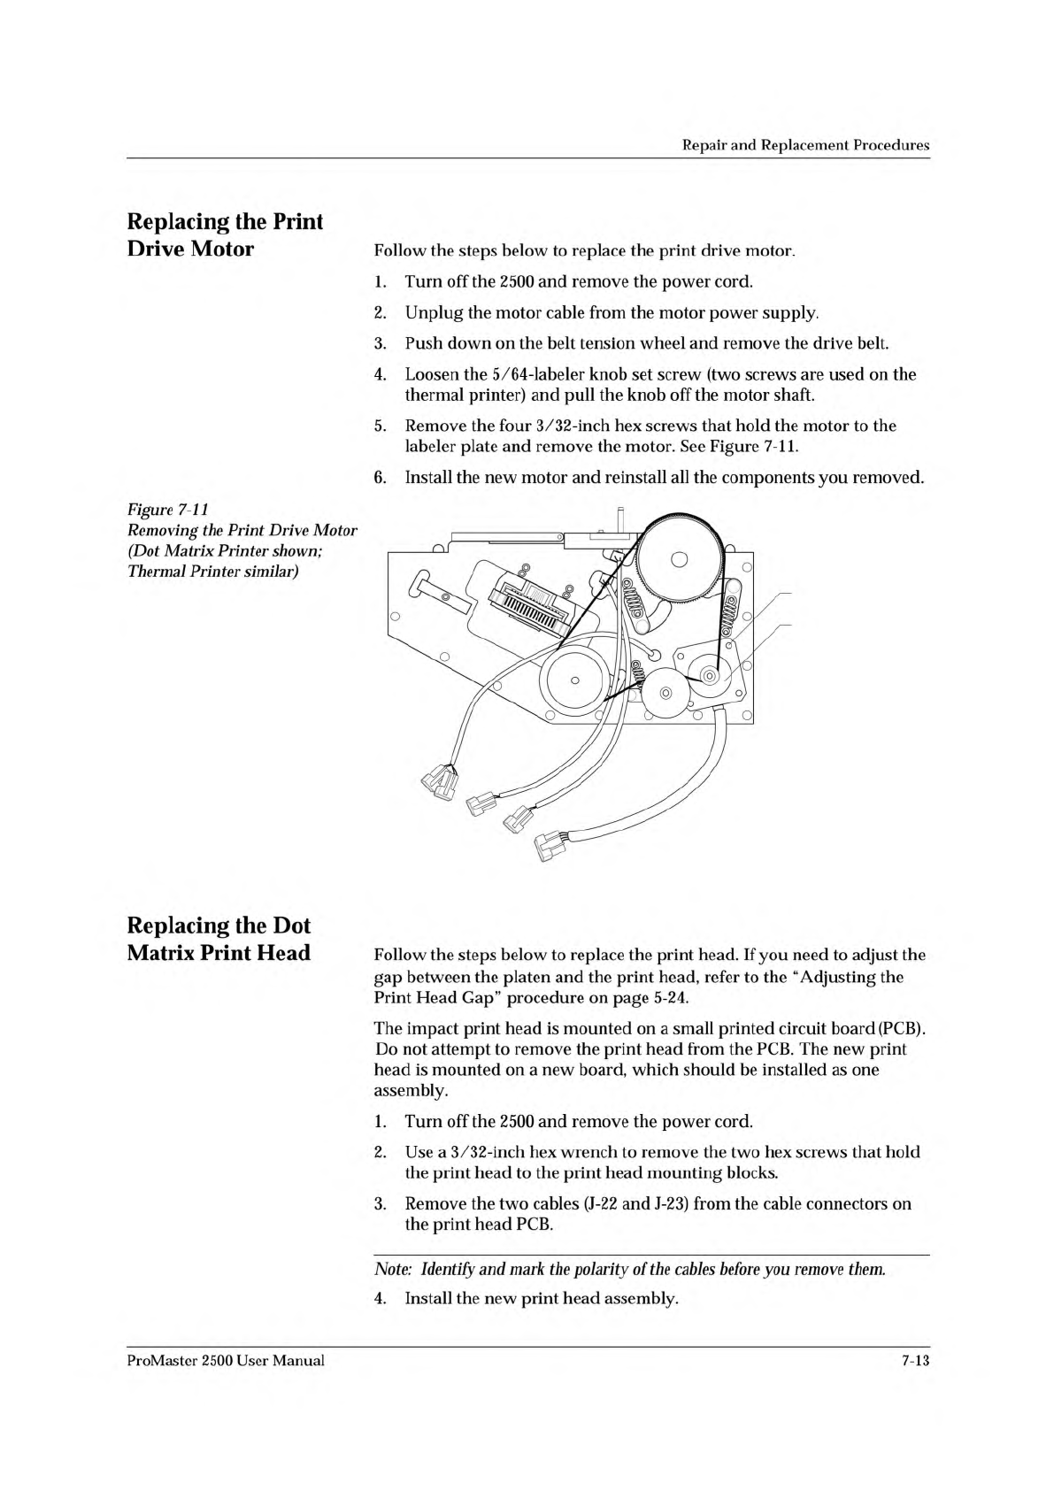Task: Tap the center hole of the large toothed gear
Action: tap(680, 558)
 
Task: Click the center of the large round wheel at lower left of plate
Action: tap(574, 680)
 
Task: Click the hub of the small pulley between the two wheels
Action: tap(666, 693)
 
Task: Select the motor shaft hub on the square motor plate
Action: tap(709, 677)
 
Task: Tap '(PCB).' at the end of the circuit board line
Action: tap(902, 1029)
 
